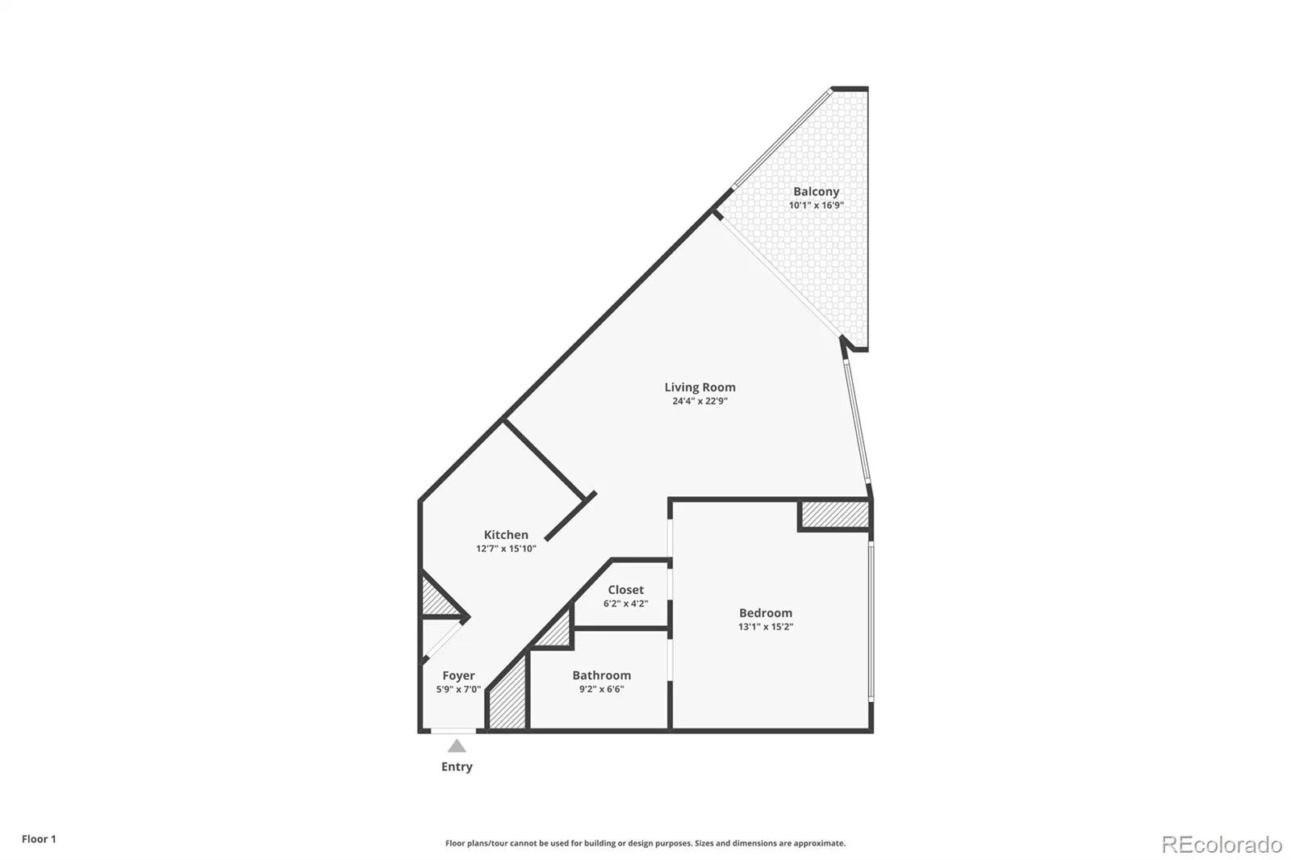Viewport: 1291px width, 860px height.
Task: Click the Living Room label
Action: tap(700, 387)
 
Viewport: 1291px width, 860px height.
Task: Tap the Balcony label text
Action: tap(816, 191)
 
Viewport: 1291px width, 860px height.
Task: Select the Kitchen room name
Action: tap(505, 535)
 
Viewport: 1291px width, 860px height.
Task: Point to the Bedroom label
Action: tap(766, 612)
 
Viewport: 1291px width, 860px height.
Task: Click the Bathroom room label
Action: tap(601, 675)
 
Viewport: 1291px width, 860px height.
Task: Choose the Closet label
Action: tap(625, 590)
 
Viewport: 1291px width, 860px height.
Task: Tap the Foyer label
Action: tap(458, 675)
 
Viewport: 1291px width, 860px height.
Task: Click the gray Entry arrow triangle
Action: tap(457, 746)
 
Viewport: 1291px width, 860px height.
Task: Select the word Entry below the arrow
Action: tap(457, 766)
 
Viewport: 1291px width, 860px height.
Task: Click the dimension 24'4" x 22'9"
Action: tap(700, 401)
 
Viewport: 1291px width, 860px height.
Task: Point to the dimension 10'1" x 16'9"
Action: tap(816, 205)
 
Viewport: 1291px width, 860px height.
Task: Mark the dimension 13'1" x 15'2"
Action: tap(766, 627)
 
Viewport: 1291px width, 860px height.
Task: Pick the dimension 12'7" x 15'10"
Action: tap(505, 549)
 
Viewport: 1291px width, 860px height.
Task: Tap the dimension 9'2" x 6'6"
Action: tap(601, 689)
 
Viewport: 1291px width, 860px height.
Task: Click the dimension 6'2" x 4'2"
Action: tap(625, 603)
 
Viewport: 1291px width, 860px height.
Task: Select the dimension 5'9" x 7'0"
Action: tap(458, 690)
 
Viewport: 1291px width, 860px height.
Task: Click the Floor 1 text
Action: tap(39, 839)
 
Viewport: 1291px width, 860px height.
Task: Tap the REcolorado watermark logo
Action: tap(1222, 845)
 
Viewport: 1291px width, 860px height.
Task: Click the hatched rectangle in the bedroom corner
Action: tap(835, 515)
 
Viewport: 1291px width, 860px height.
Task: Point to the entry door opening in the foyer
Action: tap(453, 731)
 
